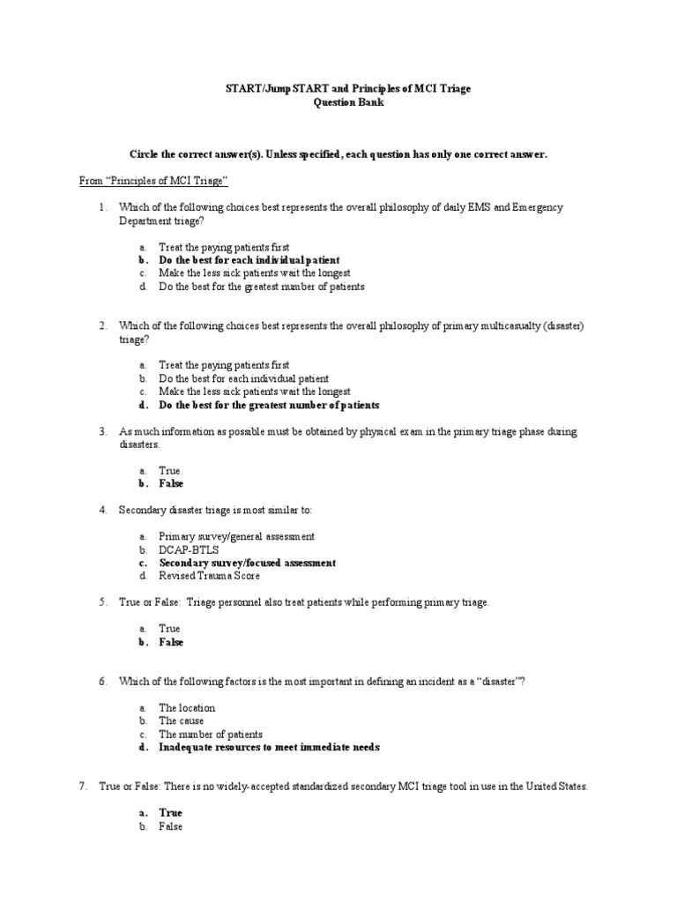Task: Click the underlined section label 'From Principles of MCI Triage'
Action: click(154, 181)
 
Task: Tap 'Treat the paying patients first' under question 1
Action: click(224, 248)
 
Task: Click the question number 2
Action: click(103, 325)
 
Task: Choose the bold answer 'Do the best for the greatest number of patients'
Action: click(269, 405)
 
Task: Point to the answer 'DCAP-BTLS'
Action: click(189, 549)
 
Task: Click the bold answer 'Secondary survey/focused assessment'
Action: click(247, 563)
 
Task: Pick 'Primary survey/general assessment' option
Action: click(236, 536)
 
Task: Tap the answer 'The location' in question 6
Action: click(187, 707)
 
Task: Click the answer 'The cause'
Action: click(182, 720)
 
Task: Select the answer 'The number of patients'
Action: click(211, 734)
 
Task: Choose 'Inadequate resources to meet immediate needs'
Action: click(269, 747)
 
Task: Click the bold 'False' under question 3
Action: click(171, 484)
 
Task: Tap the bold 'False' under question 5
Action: click(171, 643)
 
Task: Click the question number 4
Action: click(103, 510)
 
